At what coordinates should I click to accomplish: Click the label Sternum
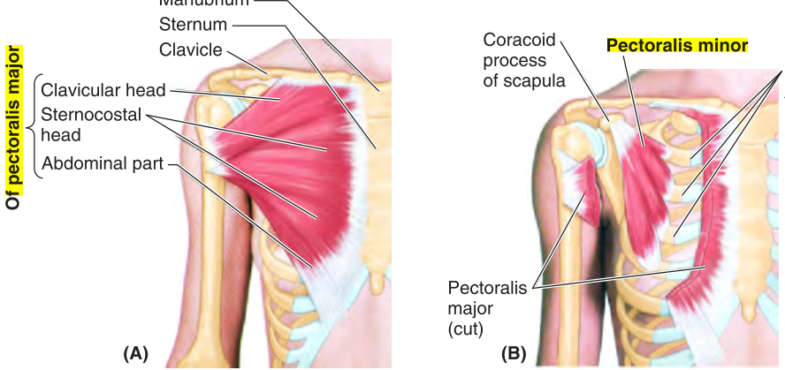click(193, 23)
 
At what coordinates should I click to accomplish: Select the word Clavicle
click(190, 49)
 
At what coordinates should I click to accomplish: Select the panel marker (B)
click(514, 354)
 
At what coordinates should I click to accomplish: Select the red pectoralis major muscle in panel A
click(292, 159)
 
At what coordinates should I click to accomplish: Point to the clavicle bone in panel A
click(265, 66)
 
